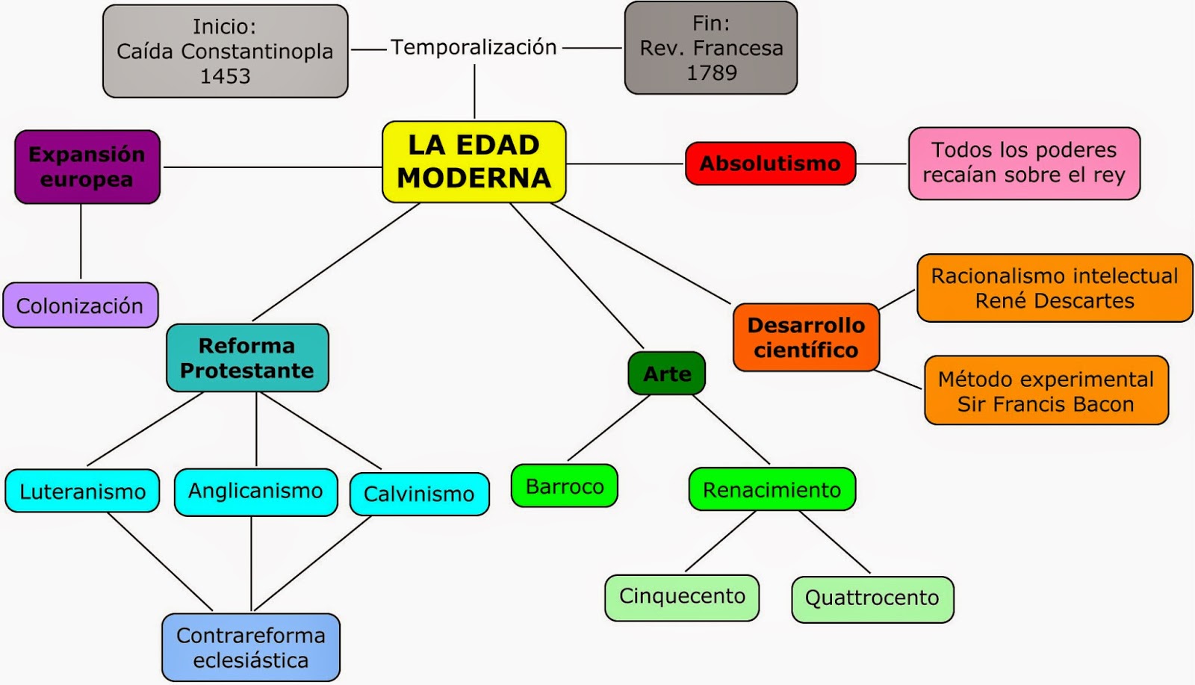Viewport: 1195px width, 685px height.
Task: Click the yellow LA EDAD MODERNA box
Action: click(x=474, y=161)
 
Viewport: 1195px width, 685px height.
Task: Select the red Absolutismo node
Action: click(x=770, y=163)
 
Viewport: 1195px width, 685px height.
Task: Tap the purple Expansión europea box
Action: click(x=87, y=167)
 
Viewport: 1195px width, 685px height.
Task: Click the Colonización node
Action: click(x=80, y=306)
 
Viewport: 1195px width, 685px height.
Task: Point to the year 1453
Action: click(x=225, y=76)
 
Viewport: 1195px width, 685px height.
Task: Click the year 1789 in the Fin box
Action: click(x=711, y=72)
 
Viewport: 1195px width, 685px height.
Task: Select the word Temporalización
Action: click(x=474, y=47)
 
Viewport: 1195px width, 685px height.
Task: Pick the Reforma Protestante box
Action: click(x=247, y=358)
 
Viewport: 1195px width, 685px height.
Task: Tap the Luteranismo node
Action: click(x=82, y=491)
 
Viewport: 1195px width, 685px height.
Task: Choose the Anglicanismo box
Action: click(x=255, y=491)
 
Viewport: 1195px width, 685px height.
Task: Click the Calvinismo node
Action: click(x=419, y=494)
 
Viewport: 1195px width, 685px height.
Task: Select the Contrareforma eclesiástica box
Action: click(x=251, y=647)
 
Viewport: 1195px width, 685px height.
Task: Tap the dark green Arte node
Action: click(x=667, y=374)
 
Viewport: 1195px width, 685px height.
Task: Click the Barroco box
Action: click(x=565, y=486)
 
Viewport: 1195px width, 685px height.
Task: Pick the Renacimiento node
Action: click(x=772, y=489)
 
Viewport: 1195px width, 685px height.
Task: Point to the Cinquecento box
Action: click(x=682, y=596)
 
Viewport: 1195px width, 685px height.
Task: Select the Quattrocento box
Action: click(x=872, y=598)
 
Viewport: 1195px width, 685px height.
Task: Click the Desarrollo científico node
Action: click(x=806, y=337)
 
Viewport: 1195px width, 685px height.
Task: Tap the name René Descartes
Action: click(x=1054, y=301)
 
